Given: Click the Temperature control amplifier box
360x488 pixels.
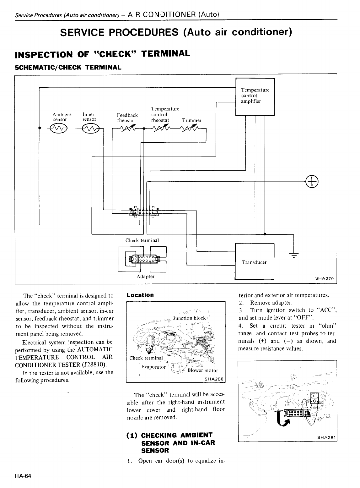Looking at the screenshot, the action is click(255, 97).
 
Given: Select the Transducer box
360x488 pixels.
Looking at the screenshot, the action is click(255, 261).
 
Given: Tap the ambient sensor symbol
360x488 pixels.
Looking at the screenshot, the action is click(58, 128).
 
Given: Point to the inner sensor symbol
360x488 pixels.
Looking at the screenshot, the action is click(91, 128).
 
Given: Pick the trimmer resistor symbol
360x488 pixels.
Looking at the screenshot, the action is click(190, 128).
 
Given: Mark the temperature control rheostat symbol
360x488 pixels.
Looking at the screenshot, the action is click(161, 128).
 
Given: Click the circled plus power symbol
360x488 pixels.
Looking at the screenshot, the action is click(312, 182).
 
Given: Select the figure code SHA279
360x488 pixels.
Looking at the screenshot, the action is click(325, 278).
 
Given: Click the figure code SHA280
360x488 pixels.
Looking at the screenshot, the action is click(214, 379).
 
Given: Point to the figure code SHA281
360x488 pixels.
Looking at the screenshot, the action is click(327, 437).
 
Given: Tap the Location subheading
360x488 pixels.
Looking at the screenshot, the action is click(140, 295).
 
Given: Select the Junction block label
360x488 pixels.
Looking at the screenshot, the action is click(189, 318).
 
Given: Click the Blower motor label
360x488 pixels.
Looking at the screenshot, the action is click(203, 370).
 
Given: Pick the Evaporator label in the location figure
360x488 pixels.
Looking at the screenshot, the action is click(153, 367).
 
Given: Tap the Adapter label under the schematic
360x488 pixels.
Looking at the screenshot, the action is click(146, 276).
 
